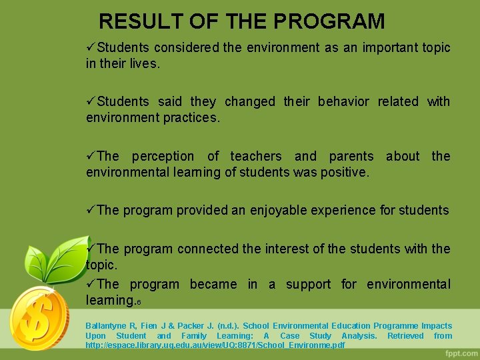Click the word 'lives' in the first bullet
coord(145,64)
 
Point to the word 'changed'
coord(249,102)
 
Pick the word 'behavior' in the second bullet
coord(343,102)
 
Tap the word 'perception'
coord(163,157)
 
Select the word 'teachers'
coord(257,157)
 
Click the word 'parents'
coord(351,157)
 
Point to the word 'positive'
coord(343,173)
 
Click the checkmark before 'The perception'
coord(91,156)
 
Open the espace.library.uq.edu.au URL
coord(215,345)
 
